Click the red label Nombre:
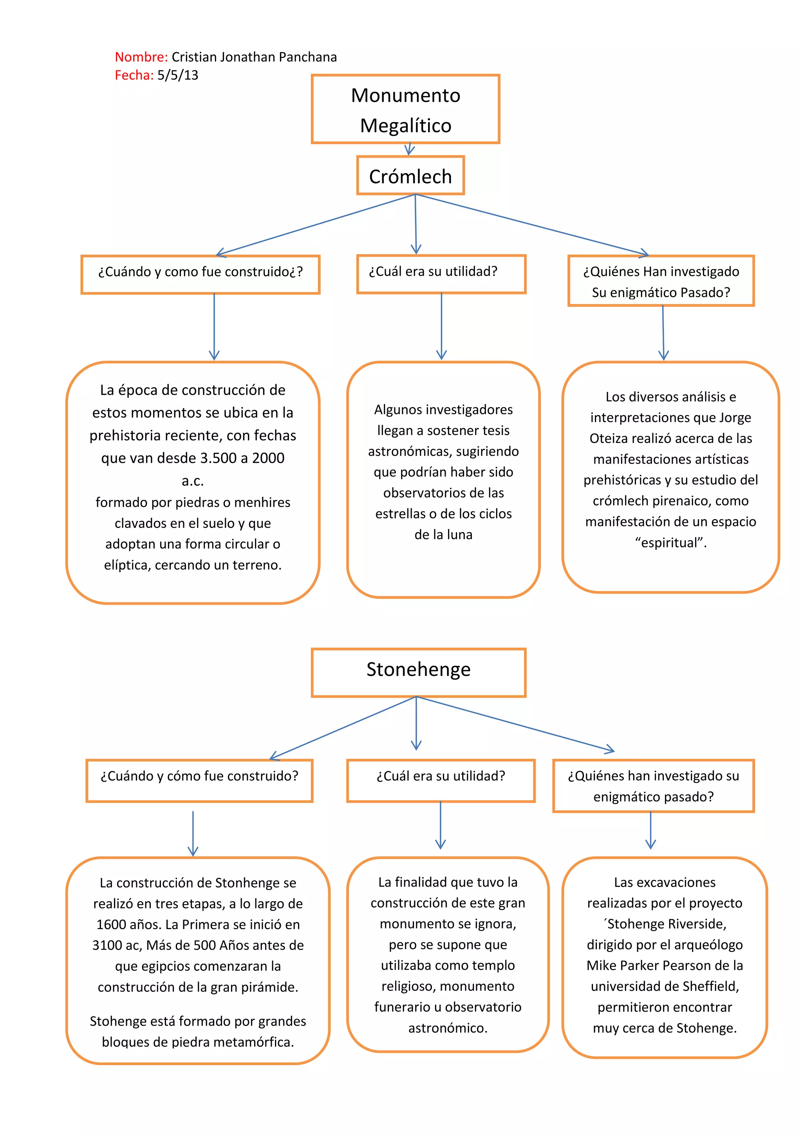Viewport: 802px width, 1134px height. [x=141, y=57]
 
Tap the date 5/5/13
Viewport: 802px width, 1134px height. [x=178, y=76]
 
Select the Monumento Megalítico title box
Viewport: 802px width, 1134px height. [x=405, y=109]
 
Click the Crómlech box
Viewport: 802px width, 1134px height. [x=410, y=176]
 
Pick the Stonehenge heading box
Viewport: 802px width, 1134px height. [x=418, y=672]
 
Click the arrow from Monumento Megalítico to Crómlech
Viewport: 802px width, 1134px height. [x=409, y=149]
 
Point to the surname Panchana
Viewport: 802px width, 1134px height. [x=308, y=57]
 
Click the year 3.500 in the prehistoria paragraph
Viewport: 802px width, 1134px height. [x=217, y=458]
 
